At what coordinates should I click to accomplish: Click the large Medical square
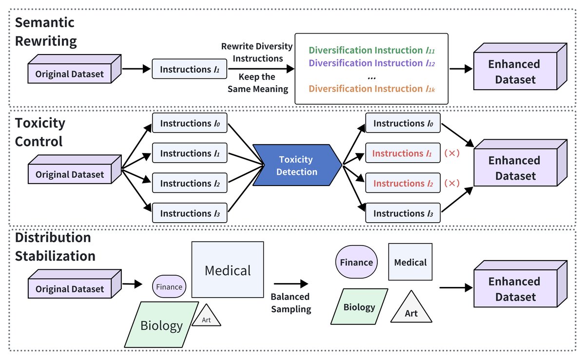pyautogui.click(x=228, y=270)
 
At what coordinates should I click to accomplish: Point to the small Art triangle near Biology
pyautogui.click(x=206, y=317)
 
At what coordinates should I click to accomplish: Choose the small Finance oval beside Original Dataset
pyautogui.click(x=169, y=286)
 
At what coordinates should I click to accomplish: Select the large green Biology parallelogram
pyautogui.click(x=161, y=324)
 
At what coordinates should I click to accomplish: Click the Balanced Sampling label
pyautogui.click(x=291, y=303)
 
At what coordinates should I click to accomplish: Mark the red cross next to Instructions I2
pyautogui.click(x=451, y=184)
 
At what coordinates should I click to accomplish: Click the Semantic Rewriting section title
pyautogui.click(x=46, y=32)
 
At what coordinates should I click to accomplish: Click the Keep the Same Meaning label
pyautogui.click(x=257, y=83)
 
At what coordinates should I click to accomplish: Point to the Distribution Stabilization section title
pyautogui.click(x=55, y=246)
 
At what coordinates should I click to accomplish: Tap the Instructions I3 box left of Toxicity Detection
pyautogui.click(x=190, y=213)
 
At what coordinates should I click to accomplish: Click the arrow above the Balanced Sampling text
pyautogui.click(x=291, y=283)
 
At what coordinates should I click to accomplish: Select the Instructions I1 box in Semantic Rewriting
pyautogui.click(x=190, y=70)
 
